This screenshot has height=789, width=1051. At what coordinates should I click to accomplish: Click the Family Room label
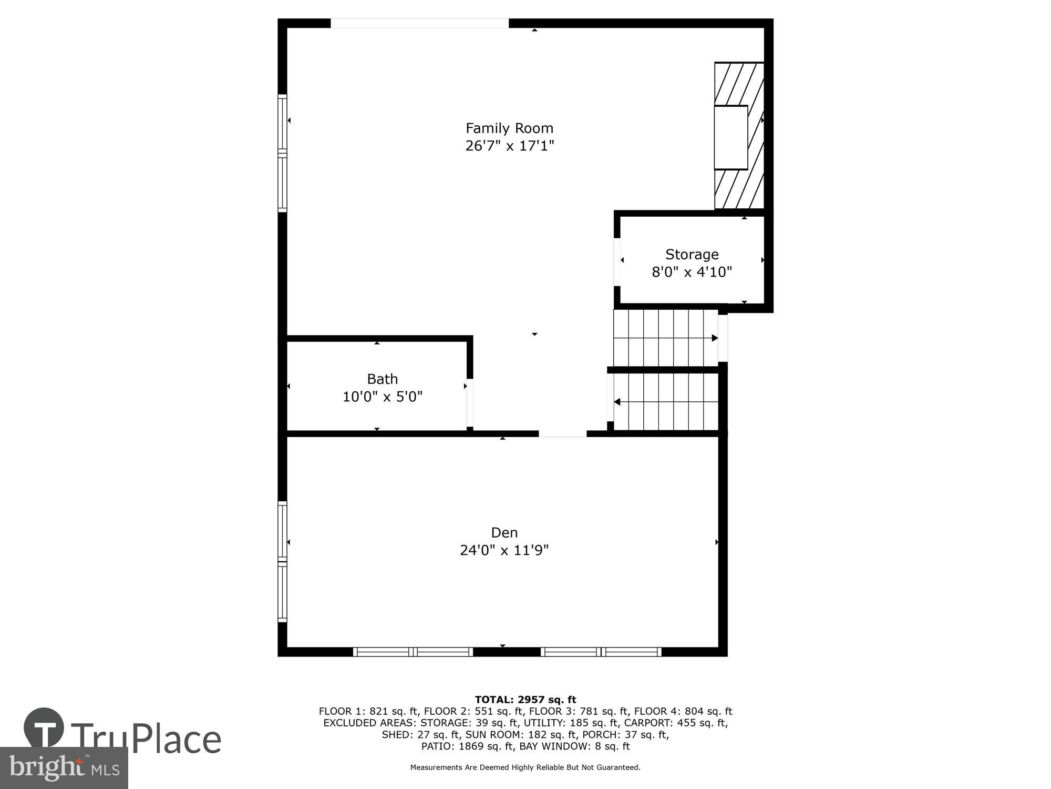click(x=509, y=128)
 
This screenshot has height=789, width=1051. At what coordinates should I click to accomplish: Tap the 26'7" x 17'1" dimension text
click(x=509, y=146)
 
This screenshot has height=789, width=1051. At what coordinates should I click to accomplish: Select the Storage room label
click(x=692, y=255)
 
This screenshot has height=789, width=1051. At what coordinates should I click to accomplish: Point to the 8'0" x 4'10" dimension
click(x=692, y=272)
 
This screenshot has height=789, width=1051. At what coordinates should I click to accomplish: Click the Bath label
click(x=382, y=379)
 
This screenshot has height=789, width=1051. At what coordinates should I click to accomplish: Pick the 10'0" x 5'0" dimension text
click(x=382, y=397)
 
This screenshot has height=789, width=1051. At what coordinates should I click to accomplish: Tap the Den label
click(x=504, y=533)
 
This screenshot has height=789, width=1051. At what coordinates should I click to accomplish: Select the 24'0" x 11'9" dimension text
click(x=504, y=550)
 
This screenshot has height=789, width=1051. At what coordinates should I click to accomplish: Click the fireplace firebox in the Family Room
click(x=730, y=137)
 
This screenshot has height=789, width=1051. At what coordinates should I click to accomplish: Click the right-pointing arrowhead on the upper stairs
click(x=715, y=338)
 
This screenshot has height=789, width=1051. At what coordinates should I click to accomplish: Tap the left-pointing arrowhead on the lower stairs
click(x=617, y=402)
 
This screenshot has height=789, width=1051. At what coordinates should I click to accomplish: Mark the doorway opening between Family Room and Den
click(x=562, y=434)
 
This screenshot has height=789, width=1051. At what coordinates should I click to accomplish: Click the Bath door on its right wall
click(x=470, y=403)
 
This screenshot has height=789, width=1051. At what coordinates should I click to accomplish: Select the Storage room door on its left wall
click(x=617, y=262)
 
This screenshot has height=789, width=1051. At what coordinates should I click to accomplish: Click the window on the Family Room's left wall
click(x=283, y=153)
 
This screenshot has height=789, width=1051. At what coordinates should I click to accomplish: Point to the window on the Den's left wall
click(x=283, y=562)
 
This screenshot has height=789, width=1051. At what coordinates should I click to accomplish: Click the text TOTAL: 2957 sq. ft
click(x=525, y=700)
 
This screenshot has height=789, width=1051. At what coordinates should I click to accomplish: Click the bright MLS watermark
click(x=64, y=768)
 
